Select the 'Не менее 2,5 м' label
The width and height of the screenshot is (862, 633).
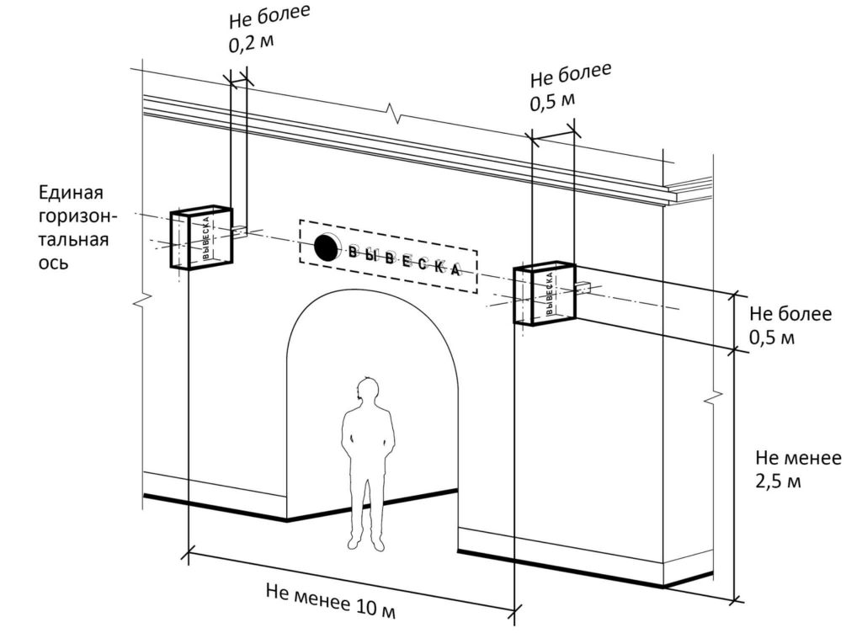click(x=797, y=470)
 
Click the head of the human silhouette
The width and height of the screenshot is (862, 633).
click(x=368, y=387)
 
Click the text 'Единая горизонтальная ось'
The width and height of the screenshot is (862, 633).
click(x=78, y=226)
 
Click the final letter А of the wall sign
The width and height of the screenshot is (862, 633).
click(x=455, y=271)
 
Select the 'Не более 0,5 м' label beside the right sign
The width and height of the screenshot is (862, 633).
click(x=790, y=326)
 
